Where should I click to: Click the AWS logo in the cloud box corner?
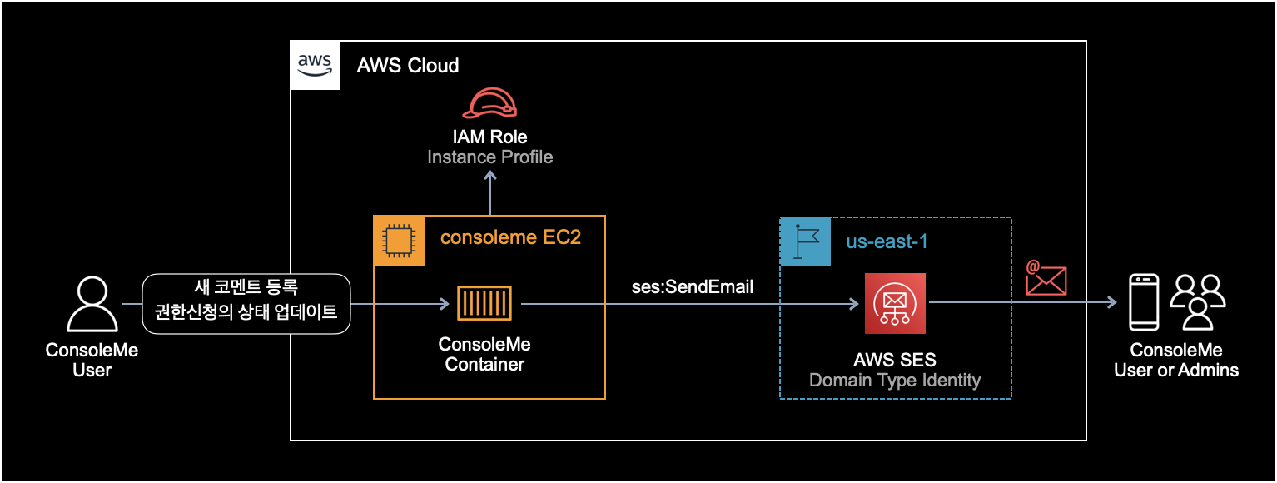pyautogui.click(x=315, y=64)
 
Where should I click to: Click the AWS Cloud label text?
pyautogui.click(x=408, y=66)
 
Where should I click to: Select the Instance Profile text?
pyautogui.click(x=490, y=157)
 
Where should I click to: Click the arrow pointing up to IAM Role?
pyautogui.click(x=490, y=192)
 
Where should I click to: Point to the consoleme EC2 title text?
pyautogui.click(x=509, y=238)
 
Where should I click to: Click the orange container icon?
pyautogui.click(x=484, y=304)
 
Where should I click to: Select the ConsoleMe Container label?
pyautogui.click(x=484, y=354)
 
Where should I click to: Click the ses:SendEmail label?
pyautogui.click(x=693, y=287)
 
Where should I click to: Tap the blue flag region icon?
pyautogui.click(x=805, y=242)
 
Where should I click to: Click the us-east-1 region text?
pyautogui.click(x=887, y=242)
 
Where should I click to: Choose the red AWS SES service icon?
pyautogui.click(x=895, y=304)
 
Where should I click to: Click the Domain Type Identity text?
pyautogui.click(x=895, y=381)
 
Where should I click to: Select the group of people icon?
pyautogui.click(x=1198, y=302)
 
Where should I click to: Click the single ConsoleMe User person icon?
pyautogui.click(x=92, y=305)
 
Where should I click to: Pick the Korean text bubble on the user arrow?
pyautogui.click(x=246, y=304)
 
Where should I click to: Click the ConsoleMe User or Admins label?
pyautogui.click(x=1175, y=360)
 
